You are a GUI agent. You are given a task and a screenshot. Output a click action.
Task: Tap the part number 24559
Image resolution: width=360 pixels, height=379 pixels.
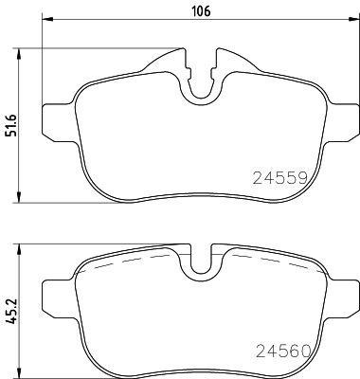(281, 177)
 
